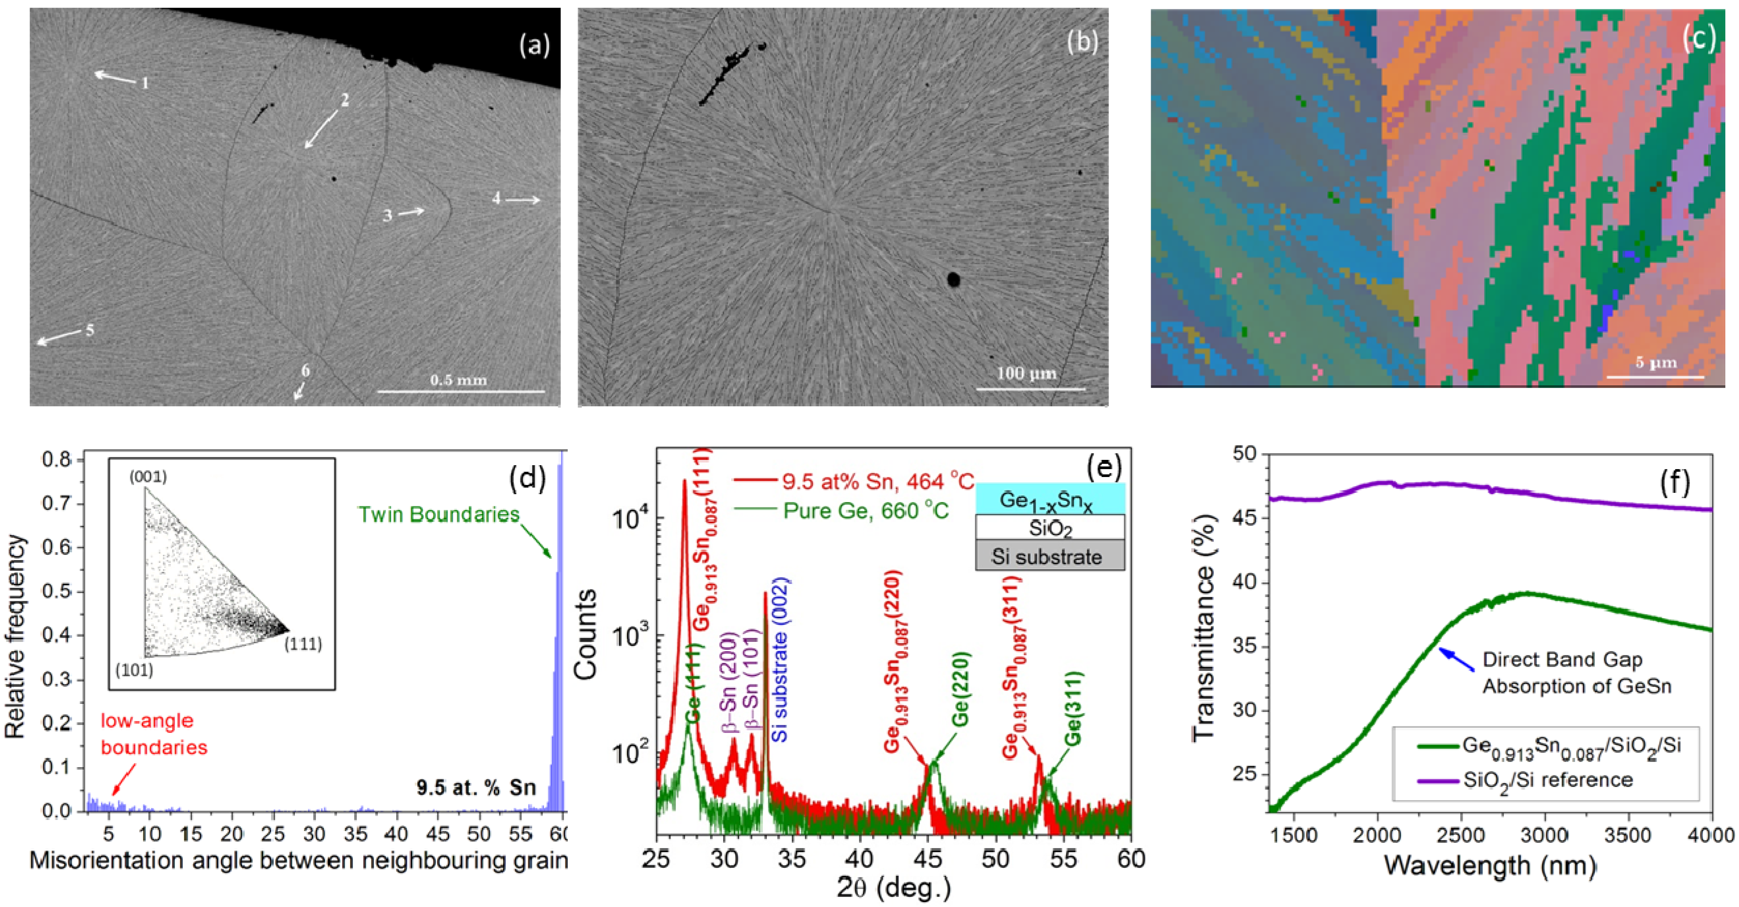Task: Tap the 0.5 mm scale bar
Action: [460, 391]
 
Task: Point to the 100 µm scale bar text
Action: [1026, 373]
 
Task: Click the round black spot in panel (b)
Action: [953, 279]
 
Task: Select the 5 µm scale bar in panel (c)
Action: [1655, 376]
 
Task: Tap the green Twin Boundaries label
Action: [439, 515]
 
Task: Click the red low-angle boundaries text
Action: [153, 734]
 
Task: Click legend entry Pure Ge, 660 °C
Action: [864, 511]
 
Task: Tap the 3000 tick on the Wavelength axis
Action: [1546, 835]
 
